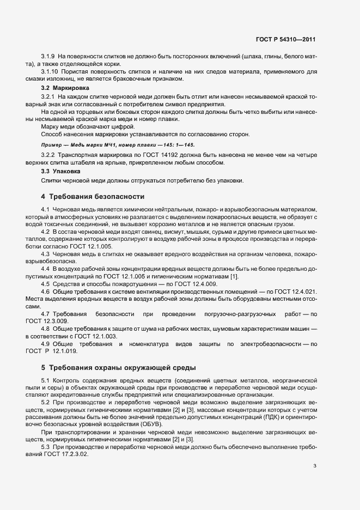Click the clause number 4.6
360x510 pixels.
[45, 292]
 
